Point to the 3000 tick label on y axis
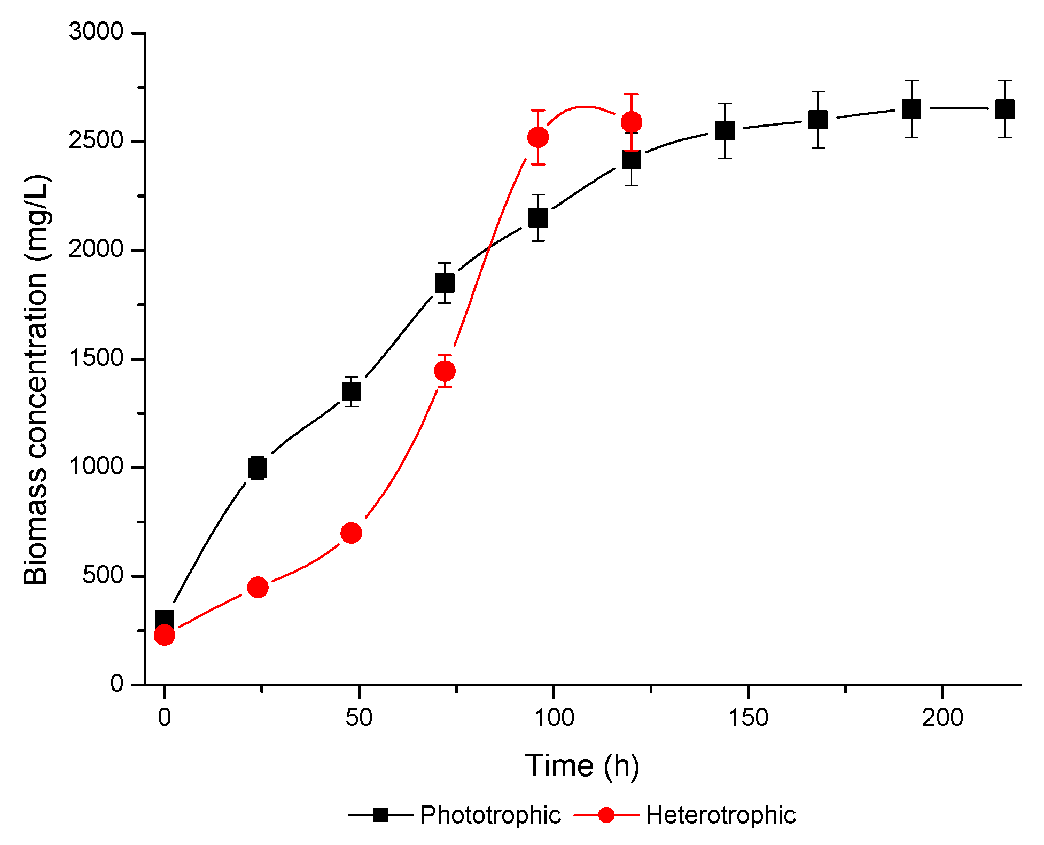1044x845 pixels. (96, 32)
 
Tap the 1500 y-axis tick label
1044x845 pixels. (96, 358)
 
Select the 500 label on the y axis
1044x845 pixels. (103, 575)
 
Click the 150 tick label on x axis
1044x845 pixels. (748, 717)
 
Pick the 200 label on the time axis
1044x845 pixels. (942, 717)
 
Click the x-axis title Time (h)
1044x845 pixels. (582, 765)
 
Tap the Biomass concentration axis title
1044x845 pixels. (36, 380)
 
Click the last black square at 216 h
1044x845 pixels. (1005, 109)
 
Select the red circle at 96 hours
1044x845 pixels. (538, 137)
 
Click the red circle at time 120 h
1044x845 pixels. (632, 122)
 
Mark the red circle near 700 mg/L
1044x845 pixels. (351, 533)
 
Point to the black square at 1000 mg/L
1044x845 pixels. (258, 468)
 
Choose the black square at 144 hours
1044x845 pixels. (724, 130)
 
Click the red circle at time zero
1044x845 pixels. (165, 635)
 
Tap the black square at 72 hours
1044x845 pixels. (445, 283)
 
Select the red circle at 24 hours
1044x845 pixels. (258, 587)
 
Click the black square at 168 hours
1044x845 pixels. (818, 120)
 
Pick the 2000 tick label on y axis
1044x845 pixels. (96, 249)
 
